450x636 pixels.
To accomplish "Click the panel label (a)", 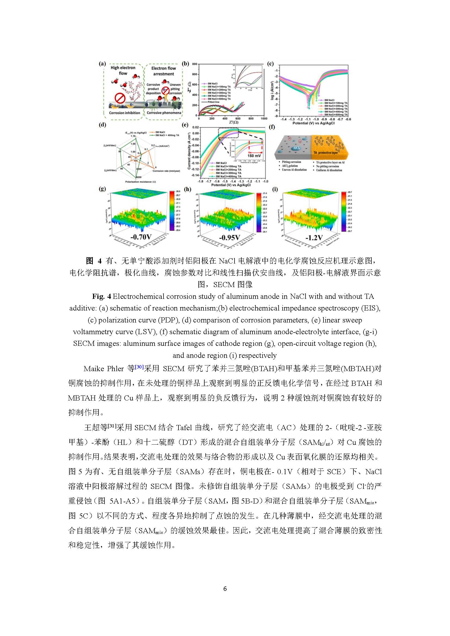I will click(102, 63).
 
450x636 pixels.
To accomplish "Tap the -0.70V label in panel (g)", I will click(141, 237).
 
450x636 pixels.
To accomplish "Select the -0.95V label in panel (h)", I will click(229, 238).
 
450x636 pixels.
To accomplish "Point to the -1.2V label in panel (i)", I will click(314, 238).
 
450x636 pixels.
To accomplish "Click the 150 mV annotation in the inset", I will click(254, 156).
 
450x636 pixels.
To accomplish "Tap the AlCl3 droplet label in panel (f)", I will click(297, 148).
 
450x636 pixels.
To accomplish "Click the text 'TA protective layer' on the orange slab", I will click(326, 153).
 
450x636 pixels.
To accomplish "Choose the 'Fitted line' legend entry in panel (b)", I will click(213, 102).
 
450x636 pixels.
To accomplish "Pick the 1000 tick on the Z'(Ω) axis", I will click(264, 119).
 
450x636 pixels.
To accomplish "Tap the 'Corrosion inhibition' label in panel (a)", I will click(124, 113).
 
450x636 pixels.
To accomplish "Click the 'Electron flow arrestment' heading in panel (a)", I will click(164, 71).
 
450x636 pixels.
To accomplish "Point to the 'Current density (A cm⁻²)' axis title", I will click(189, 151).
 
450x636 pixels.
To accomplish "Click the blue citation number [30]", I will click(139, 367).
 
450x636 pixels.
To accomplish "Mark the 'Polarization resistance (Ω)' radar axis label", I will click(140, 182).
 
